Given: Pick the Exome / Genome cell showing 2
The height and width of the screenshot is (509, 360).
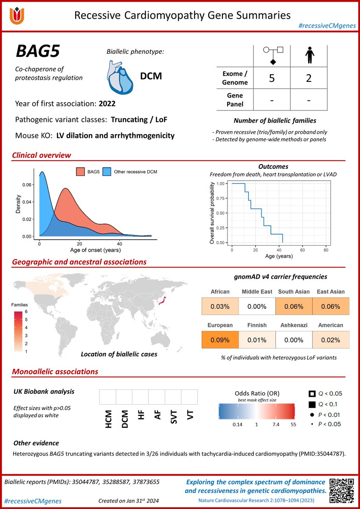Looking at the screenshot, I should point(309,78).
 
